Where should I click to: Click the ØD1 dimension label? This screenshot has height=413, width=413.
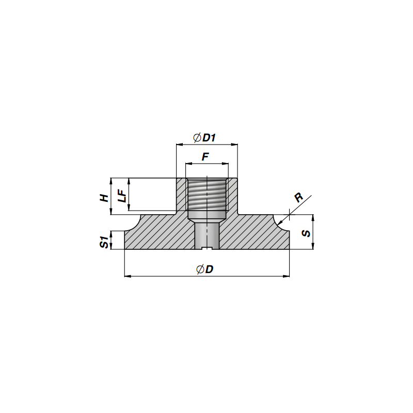[x=204, y=137]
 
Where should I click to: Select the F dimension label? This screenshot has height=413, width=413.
[x=205, y=157]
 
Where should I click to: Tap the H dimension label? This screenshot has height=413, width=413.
[x=104, y=198]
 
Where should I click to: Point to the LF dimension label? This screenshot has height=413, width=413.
[x=122, y=196]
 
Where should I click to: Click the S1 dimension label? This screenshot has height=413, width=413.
[x=104, y=242]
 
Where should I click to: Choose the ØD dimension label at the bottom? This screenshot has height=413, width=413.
[x=205, y=269]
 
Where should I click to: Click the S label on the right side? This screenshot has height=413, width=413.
[x=306, y=233]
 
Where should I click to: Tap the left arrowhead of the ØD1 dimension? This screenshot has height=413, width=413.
[x=179, y=145]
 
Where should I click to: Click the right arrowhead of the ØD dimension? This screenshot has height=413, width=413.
[x=287, y=276]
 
